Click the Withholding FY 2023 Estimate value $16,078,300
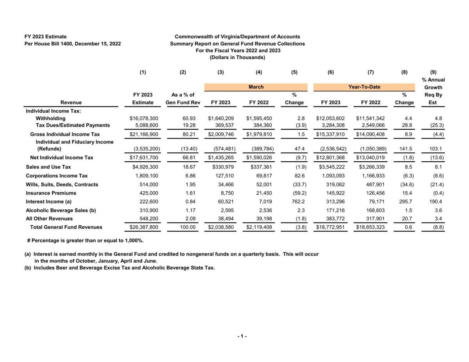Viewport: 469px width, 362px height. pyautogui.click(x=144, y=118)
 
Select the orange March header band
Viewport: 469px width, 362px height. pyautogui.click(x=256, y=87)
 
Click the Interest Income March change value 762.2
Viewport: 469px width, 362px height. pyautogui.click(x=298, y=202)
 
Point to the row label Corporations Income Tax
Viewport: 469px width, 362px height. pyautogui.click(x=57, y=176)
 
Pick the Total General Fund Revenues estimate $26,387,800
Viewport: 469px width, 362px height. pyautogui.click(x=144, y=227)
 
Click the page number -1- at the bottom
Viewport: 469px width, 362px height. pyautogui.click(x=242, y=336)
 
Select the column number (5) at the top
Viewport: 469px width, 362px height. pyautogui.click(x=294, y=72)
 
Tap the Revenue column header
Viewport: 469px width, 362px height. pyautogui.click(x=71, y=102)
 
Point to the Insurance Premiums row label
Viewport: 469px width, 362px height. pyautogui.click(x=51, y=193)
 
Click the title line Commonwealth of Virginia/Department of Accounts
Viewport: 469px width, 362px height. pyautogui.click(x=237, y=37)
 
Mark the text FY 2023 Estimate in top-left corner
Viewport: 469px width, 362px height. pyautogui.click(x=45, y=37)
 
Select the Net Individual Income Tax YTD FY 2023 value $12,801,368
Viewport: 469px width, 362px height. pyautogui.click(x=331, y=158)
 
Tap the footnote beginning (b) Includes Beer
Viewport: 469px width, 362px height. pyautogui.click(x=120, y=268)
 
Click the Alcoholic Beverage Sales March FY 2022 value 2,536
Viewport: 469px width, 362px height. pyautogui.click(x=265, y=210)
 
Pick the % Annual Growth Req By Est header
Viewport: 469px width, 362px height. pyautogui.click(x=433, y=91)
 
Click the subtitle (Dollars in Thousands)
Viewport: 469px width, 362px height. pyautogui.click(x=237, y=57)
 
